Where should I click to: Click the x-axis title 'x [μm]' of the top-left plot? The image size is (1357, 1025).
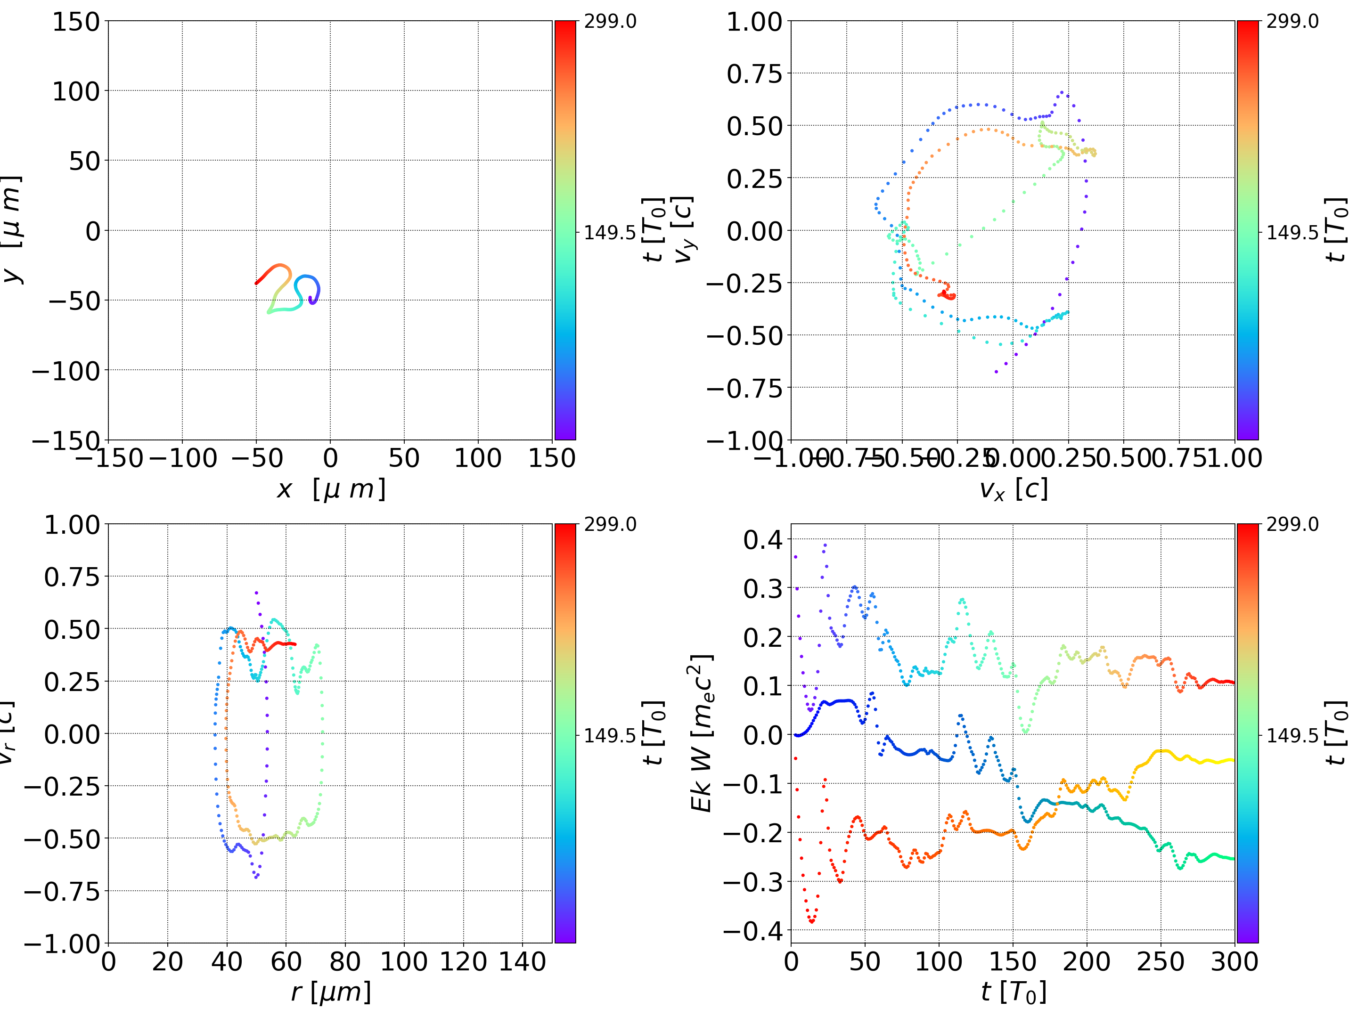point(331,489)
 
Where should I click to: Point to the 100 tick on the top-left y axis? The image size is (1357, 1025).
point(75,91)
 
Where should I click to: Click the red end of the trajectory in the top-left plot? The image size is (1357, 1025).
point(256,283)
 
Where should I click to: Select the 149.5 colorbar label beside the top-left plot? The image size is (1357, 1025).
point(610,233)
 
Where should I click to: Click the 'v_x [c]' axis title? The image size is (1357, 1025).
point(1013,489)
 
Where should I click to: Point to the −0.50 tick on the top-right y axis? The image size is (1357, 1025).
point(745,335)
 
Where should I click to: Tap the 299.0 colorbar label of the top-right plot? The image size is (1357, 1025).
point(1292,22)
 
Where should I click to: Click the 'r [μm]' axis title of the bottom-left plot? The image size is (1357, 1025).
point(331,992)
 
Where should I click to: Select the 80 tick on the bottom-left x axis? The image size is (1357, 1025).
point(345,961)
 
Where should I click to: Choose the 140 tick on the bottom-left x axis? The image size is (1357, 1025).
point(522,961)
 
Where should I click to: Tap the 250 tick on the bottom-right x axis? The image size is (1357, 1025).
point(1161,961)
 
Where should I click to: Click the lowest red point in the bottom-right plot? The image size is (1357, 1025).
point(812,921)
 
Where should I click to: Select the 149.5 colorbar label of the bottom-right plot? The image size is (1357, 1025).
point(1292,735)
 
